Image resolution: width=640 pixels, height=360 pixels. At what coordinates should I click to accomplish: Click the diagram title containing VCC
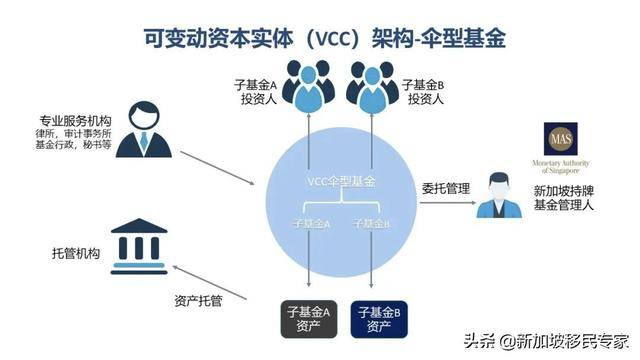click(320, 37)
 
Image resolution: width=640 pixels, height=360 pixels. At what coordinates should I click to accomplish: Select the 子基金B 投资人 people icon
click(371, 84)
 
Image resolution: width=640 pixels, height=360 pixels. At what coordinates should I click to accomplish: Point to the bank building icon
click(141, 241)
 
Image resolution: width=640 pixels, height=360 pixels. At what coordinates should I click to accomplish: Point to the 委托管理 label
click(446, 186)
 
